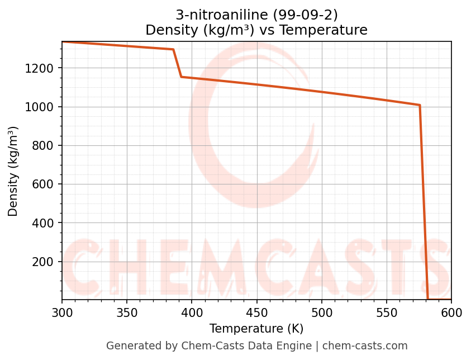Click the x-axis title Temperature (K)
256,329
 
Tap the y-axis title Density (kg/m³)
13,171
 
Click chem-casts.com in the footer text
365,346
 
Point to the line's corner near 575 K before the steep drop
420,105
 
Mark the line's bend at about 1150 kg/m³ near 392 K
182,77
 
